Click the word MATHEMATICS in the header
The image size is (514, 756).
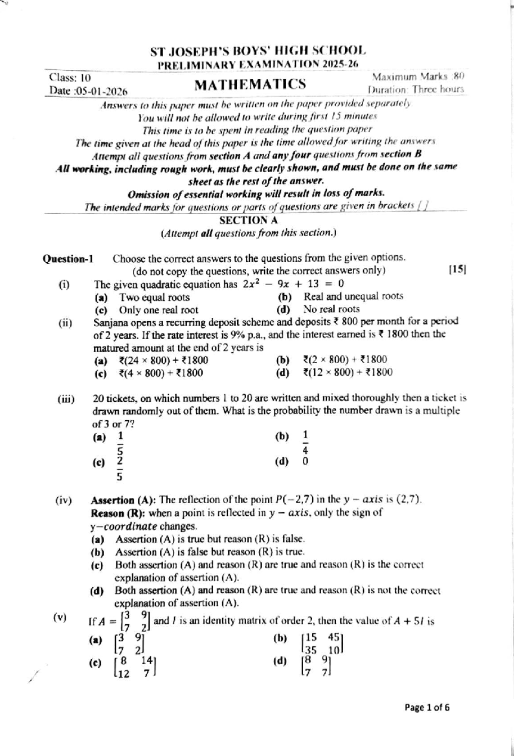[x=250, y=84]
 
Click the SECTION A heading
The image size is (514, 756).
[x=248, y=220]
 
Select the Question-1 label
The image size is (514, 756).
[x=68, y=259]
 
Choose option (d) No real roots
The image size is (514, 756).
[x=332, y=309]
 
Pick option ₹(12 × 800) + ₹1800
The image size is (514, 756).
[x=347, y=373]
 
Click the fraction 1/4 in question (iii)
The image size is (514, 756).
[x=305, y=442]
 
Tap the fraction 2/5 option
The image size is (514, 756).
[x=120, y=468]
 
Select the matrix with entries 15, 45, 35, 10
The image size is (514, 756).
[x=323, y=643]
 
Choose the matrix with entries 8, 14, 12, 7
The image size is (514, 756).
[x=136, y=668]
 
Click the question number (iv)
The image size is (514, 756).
[x=63, y=500]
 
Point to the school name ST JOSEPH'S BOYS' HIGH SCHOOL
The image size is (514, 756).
[x=258, y=52]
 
